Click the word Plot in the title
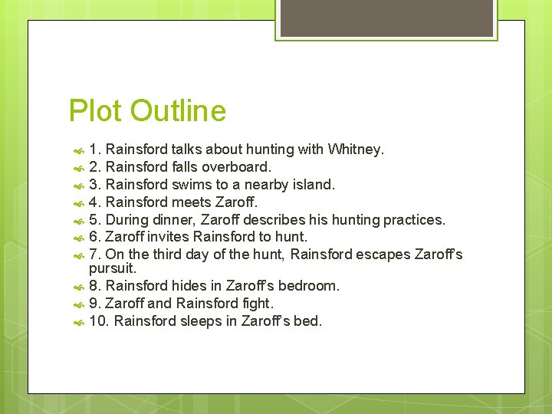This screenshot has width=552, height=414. click(x=95, y=111)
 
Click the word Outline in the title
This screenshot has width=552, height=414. click(x=178, y=111)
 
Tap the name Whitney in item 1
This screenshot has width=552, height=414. click(x=354, y=149)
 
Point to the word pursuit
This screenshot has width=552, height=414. click(x=112, y=268)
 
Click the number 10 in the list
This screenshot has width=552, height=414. click(x=98, y=321)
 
